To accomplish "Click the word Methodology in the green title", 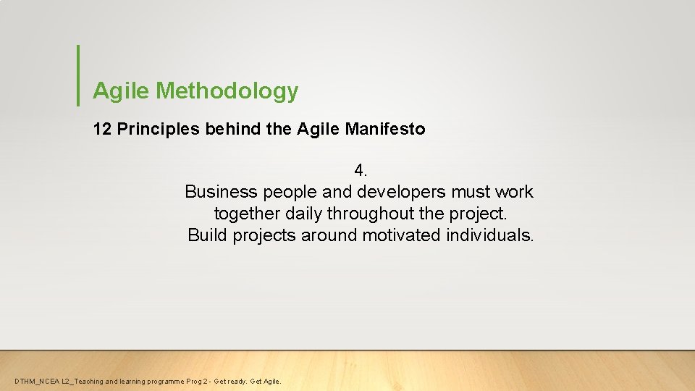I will coord(227,91).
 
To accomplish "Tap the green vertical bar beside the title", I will coord(77,75).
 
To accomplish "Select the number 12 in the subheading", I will coord(102,130).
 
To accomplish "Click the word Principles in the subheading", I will coord(148,130).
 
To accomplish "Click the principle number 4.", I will coord(361,171).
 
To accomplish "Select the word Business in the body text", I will coord(221,192).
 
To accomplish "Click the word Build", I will coord(208,235).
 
